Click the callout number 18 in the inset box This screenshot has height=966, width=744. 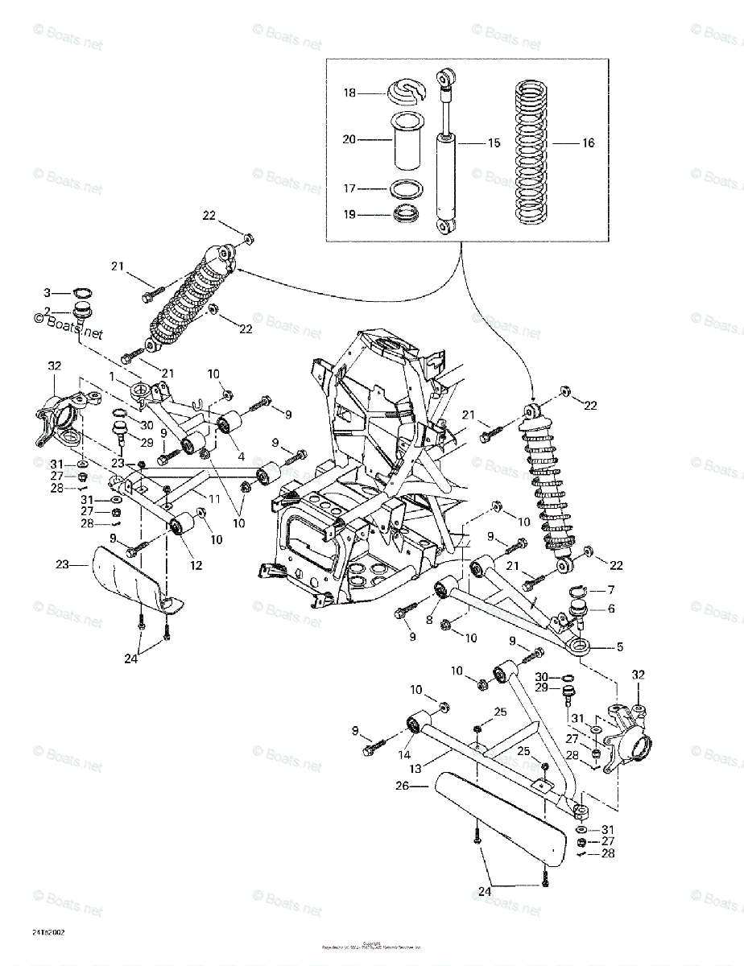[349, 93]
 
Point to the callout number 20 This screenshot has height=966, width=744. [349, 139]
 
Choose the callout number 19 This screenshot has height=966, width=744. [349, 215]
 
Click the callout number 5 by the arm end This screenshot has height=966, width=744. [621, 646]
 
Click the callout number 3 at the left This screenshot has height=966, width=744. [47, 291]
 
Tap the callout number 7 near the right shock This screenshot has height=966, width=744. [610, 590]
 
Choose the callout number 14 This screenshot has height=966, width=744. [403, 755]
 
